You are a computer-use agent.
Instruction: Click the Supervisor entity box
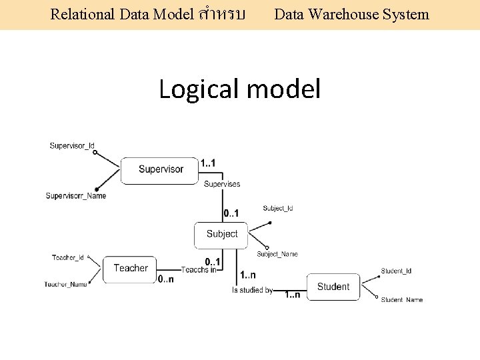[160, 169]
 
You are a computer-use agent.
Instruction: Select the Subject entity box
[222, 234]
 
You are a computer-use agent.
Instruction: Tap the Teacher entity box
[130, 269]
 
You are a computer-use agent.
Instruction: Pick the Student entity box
[333, 287]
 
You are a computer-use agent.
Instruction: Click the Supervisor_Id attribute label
[72, 145]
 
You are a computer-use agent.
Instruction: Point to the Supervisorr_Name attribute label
[75, 196]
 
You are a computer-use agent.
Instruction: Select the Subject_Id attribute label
[278, 209]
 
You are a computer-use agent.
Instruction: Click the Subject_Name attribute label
[277, 254]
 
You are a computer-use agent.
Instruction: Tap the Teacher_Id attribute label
[68, 257]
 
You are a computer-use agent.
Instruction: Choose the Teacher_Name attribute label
[66, 285]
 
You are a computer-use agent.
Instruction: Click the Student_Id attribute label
[396, 271]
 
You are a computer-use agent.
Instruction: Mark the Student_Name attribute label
[401, 300]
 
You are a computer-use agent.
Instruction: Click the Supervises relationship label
[222, 184]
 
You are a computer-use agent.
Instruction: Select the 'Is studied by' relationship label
[252, 290]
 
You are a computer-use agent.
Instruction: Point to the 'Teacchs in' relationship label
[199, 269]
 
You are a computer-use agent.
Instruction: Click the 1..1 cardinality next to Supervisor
[208, 163]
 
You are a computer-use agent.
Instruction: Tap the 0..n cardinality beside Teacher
[166, 279]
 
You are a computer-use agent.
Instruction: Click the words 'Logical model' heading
[239, 88]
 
